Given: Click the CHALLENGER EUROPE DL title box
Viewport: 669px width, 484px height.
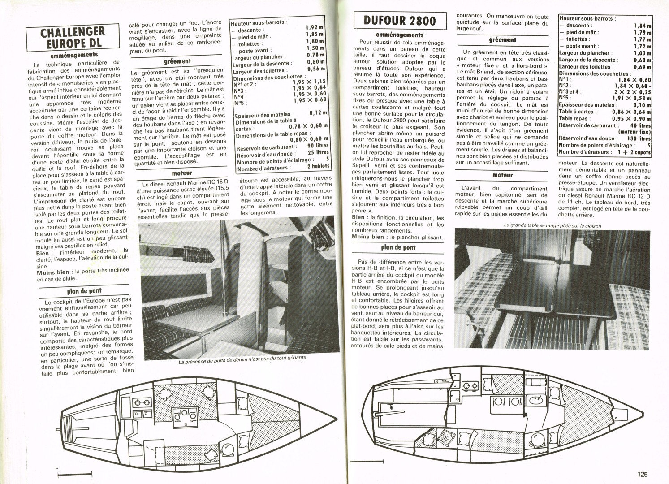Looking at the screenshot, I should [x=73, y=38].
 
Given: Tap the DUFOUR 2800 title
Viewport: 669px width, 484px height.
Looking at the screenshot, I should [x=400, y=21].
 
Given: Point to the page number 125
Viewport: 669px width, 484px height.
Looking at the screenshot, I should [x=642, y=474].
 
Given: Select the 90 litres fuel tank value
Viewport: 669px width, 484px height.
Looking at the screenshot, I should [x=318, y=146].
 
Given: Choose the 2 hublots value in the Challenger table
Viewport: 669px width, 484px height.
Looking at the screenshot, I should [x=318, y=166].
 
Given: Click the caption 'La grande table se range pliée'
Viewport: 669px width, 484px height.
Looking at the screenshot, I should [x=553, y=225].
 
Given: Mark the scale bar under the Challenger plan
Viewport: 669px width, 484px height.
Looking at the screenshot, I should [x=75, y=473].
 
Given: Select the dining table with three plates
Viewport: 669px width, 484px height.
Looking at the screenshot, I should [x=184, y=415].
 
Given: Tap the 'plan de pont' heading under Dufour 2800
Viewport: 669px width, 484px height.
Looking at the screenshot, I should [x=398, y=247].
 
